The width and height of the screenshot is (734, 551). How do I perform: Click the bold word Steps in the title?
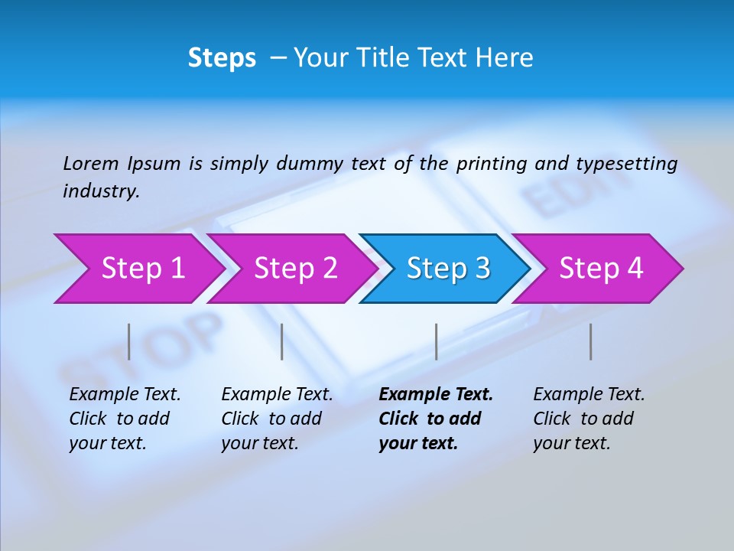click(x=222, y=58)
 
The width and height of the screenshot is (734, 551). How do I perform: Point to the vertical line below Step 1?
click(x=129, y=341)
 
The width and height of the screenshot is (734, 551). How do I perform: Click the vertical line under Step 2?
click(x=282, y=341)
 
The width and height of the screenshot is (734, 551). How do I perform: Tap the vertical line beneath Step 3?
click(x=436, y=341)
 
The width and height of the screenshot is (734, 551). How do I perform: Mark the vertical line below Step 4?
click(x=590, y=341)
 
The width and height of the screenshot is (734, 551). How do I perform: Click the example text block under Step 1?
click(x=125, y=419)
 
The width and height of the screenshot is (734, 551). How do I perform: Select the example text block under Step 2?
click(x=277, y=419)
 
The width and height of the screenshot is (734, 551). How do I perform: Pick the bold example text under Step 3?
click(x=436, y=419)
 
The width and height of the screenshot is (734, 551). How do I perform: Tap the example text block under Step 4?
click(x=589, y=419)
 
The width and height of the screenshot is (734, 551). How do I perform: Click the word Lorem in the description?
click(x=91, y=164)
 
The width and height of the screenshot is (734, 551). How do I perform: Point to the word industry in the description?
click(x=101, y=191)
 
